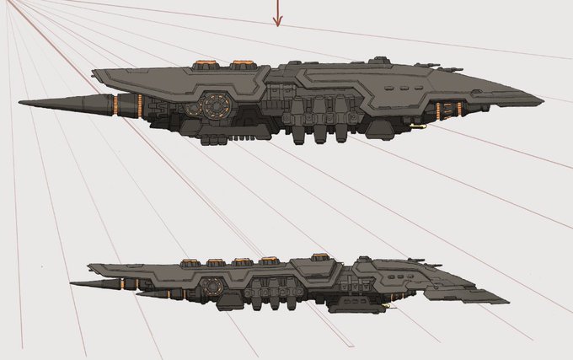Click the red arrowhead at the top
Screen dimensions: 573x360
click(x=277, y=22)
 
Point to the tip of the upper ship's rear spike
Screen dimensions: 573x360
click(x=20, y=104)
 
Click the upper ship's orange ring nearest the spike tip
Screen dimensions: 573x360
click(x=114, y=104)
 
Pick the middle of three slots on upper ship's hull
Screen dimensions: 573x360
click(x=404, y=87)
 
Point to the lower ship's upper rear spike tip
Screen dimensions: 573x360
click(x=72, y=284)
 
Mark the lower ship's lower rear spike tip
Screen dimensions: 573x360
click(x=137, y=295)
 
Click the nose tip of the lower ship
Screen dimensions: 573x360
click(x=507, y=300)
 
